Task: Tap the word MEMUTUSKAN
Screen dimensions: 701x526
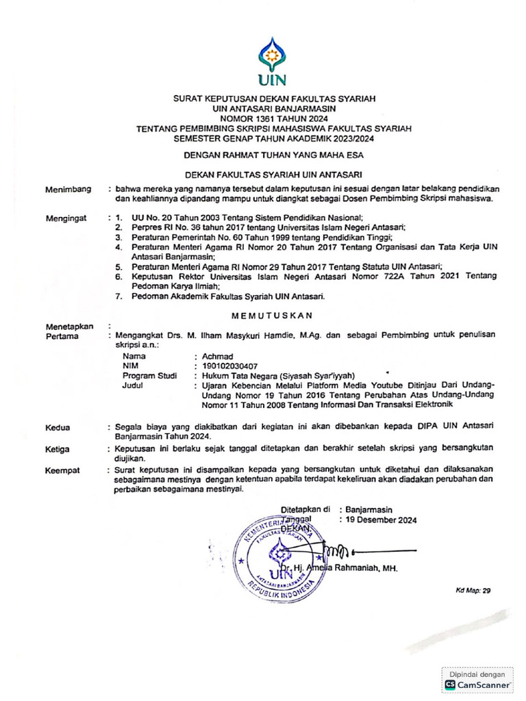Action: click(272, 315)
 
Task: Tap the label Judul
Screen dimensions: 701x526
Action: click(133, 385)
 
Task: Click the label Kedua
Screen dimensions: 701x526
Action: click(58, 427)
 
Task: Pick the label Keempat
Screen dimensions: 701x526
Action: click(62, 471)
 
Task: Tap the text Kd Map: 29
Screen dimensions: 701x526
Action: click(473, 589)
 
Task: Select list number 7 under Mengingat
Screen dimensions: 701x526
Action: click(118, 296)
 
